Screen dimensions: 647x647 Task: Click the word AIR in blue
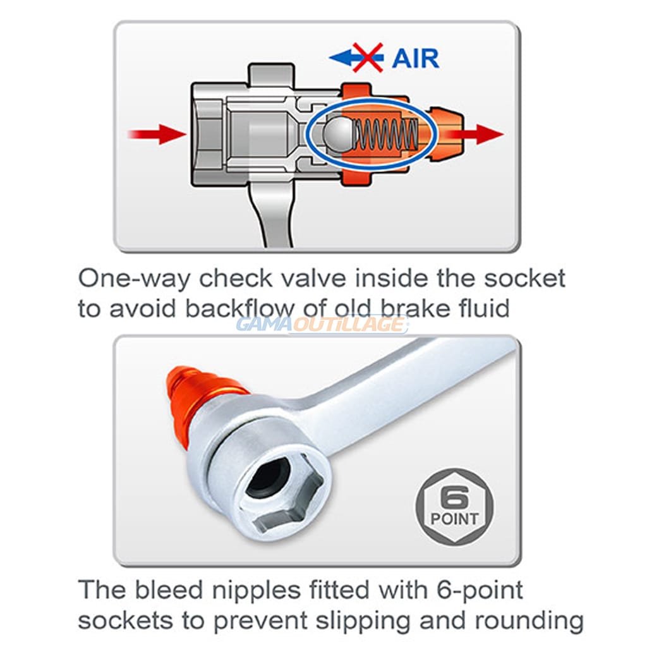click(x=415, y=58)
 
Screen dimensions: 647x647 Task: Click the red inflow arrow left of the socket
click(x=157, y=134)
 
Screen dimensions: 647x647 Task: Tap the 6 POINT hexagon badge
click(x=454, y=507)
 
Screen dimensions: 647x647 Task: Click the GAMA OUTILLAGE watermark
click(x=322, y=325)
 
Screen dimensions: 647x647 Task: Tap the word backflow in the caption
click(x=239, y=308)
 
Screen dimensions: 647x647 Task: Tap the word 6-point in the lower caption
click(x=480, y=591)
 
